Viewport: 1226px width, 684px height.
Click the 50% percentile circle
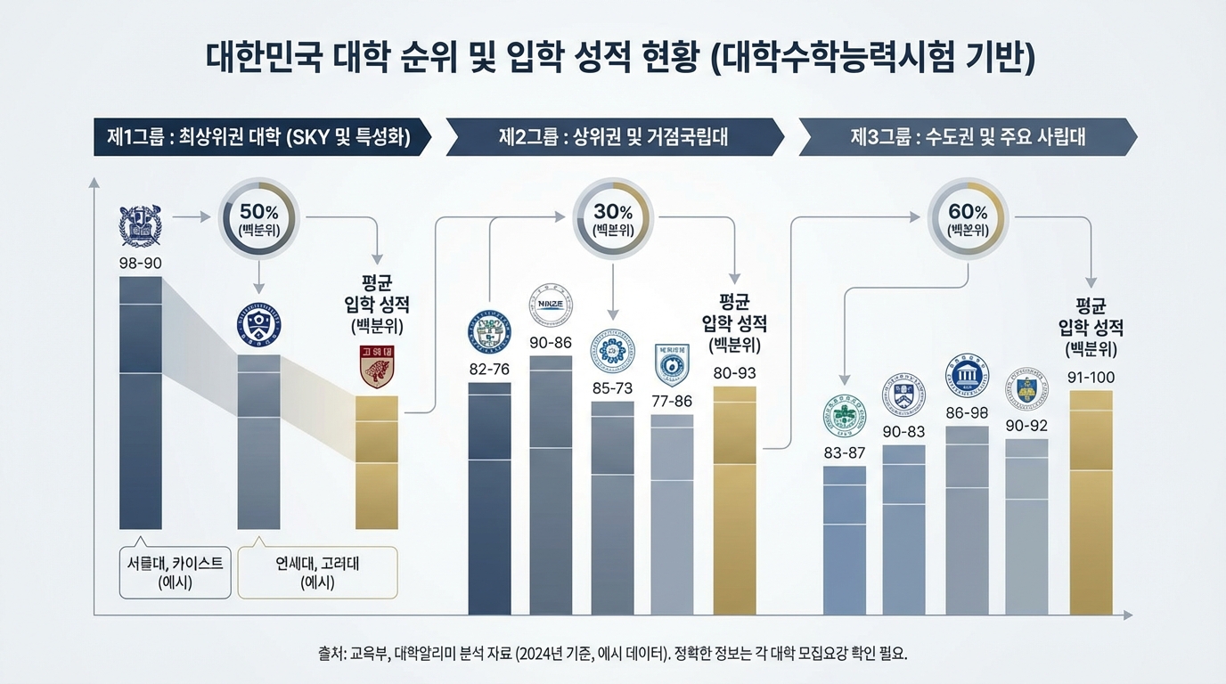point(258,218)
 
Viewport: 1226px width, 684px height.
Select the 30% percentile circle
point(613,218)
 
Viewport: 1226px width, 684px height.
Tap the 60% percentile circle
point(969,218)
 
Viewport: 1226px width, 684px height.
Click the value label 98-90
point(141,263)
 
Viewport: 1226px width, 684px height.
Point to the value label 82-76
point(489,369)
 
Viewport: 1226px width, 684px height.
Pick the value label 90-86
point(551,343)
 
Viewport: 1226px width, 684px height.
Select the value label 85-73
point(612,388)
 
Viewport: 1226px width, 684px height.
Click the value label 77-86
point(672,401)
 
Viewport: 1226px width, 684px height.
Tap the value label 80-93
point(734,373)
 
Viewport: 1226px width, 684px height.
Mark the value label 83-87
point(844,452)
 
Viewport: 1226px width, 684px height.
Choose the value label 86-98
point(968,412)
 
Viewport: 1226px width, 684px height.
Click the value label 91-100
point(1091,378)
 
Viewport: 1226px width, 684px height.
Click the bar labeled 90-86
point(551,485)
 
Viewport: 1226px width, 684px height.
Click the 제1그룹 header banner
point(258,137)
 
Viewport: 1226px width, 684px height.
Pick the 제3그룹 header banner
point(969,137)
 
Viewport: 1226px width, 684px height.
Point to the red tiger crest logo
point(377,366)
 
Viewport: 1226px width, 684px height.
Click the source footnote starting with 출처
point(612,653)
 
